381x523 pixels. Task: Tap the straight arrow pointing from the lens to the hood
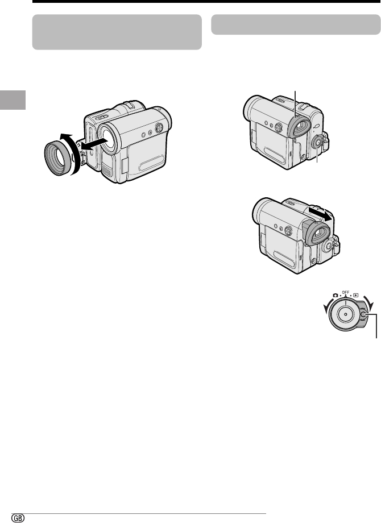95,144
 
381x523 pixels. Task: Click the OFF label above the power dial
345,293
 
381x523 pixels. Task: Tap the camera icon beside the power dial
335,295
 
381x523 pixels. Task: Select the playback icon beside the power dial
356,295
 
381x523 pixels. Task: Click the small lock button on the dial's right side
364,314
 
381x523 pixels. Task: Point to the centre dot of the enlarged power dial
345,314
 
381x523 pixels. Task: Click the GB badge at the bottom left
18,517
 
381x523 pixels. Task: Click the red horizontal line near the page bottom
139,514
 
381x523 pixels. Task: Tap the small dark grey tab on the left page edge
13,99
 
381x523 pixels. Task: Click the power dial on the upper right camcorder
317,143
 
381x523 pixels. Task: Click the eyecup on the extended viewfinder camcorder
317,235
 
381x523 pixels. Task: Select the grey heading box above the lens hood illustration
117,32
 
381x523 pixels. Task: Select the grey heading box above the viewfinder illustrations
296,24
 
